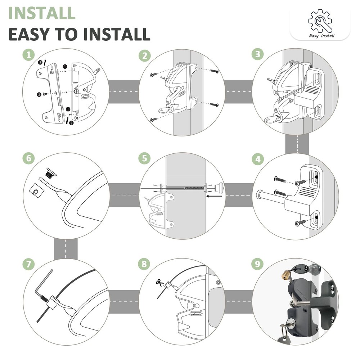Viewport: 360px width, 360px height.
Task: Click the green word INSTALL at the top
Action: coord(42,13)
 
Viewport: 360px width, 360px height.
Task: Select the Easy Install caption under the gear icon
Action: coord(321,36)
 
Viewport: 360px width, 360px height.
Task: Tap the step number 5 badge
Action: coord(144,159)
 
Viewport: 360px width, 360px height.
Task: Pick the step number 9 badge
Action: coord(257,264)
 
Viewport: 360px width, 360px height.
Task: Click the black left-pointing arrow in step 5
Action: coord(214,197)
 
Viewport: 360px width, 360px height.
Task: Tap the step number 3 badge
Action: coord(257,55)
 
